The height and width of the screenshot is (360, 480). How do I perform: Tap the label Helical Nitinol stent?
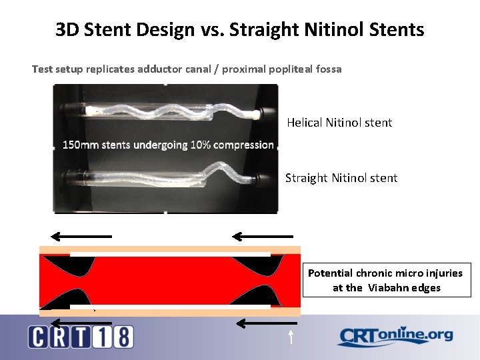coord(339,123)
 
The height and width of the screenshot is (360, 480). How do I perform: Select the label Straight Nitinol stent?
coord(341,178)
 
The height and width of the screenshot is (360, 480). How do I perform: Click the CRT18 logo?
coord(81,336)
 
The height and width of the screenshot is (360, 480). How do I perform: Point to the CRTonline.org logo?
coord(395,336)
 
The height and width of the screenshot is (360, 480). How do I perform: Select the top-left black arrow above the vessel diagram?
coord(81,236)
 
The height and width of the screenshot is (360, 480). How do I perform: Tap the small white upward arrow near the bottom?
coord(291,336)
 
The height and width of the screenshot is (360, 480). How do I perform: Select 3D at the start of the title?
coord(67,30)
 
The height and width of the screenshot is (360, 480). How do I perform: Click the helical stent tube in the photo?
coord(167,109)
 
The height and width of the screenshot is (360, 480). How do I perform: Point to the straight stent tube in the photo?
coord(167,175)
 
